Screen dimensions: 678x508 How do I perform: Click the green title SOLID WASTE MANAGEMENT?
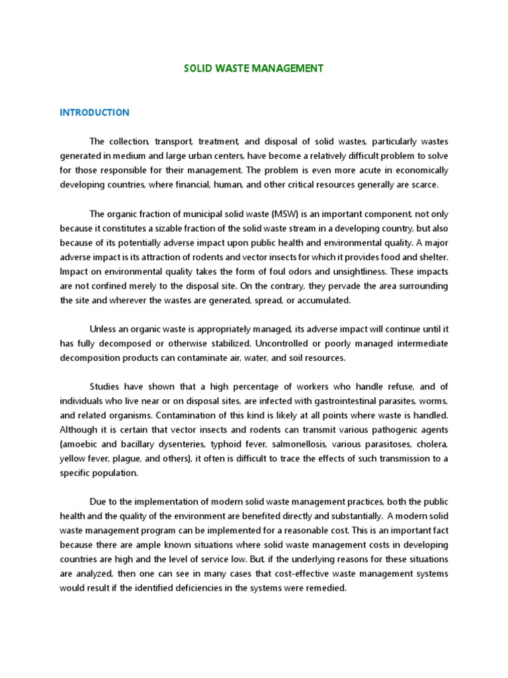[253, 68]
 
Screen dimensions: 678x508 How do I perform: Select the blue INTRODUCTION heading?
[95, 113]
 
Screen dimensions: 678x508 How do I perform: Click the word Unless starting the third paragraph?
[103, 329]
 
